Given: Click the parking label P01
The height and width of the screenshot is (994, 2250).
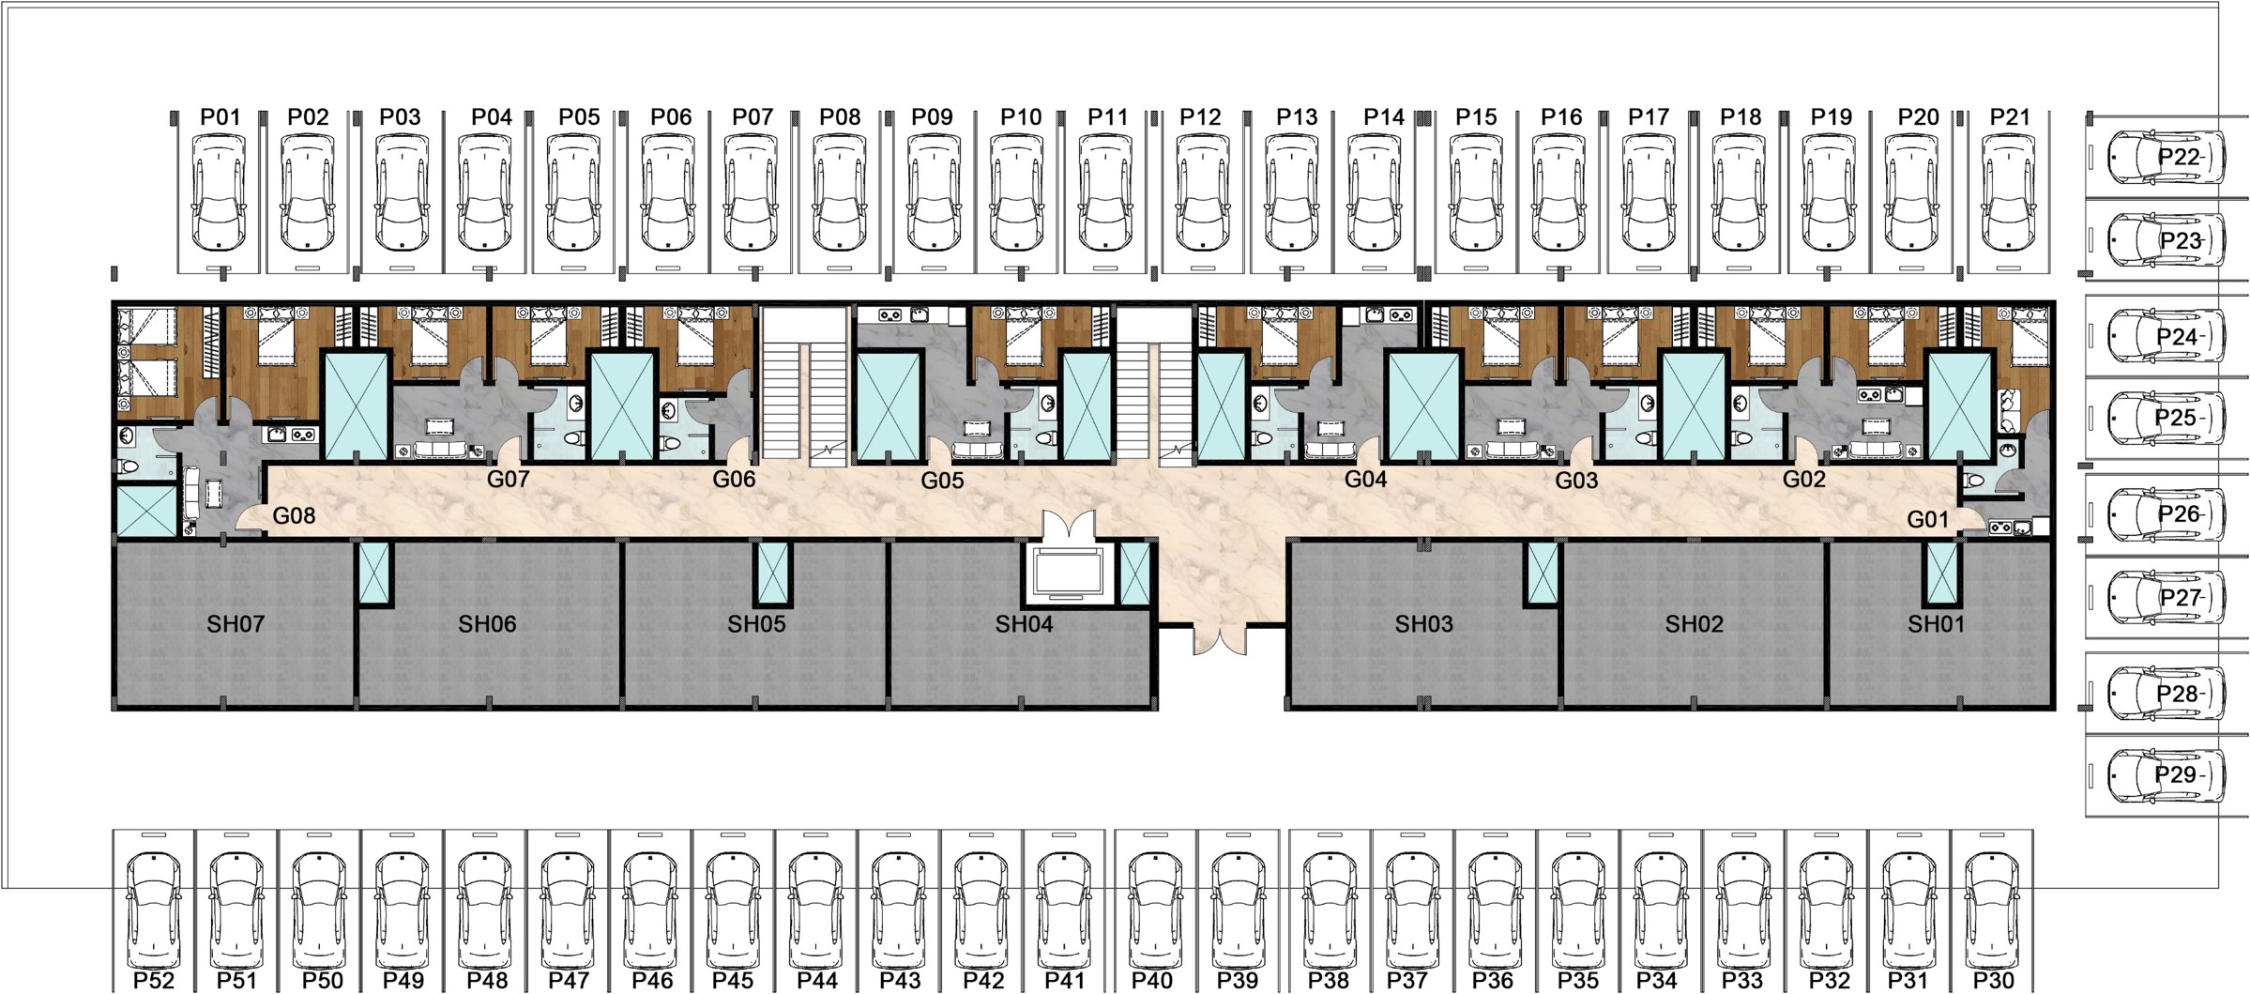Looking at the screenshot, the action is point(220,117).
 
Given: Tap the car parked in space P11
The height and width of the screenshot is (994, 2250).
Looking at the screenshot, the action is point(1107,191).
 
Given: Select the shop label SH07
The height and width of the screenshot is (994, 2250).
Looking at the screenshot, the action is point(236,624).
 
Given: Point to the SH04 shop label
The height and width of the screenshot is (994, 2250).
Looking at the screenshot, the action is point(1024,624).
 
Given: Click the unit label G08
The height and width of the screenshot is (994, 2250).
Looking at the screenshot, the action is point(294,515).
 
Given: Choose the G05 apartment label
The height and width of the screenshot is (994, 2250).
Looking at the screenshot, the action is point(942,481).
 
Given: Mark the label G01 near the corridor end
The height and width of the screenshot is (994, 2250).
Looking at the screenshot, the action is point(1928,519).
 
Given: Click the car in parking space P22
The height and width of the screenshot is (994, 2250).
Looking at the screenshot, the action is point(2166,157).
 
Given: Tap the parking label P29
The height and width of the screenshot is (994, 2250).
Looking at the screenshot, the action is point(2177,774).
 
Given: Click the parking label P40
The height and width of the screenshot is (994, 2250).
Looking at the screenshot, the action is point(1152,980).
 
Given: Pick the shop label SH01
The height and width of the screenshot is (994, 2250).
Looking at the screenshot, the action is point(1936,624).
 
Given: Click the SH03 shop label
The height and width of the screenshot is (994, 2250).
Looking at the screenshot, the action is point(1423,624).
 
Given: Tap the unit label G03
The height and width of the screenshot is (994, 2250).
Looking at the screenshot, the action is point(1576,481).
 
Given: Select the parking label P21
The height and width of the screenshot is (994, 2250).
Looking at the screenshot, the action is point(2010,117).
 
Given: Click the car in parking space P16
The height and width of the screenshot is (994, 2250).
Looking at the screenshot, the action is point(1561,191).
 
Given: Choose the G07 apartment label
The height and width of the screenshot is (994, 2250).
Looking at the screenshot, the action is point(509,479).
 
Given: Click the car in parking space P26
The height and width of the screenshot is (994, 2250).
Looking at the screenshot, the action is point(2166,513).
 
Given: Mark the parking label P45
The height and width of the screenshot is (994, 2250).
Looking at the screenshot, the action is point(733,980).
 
